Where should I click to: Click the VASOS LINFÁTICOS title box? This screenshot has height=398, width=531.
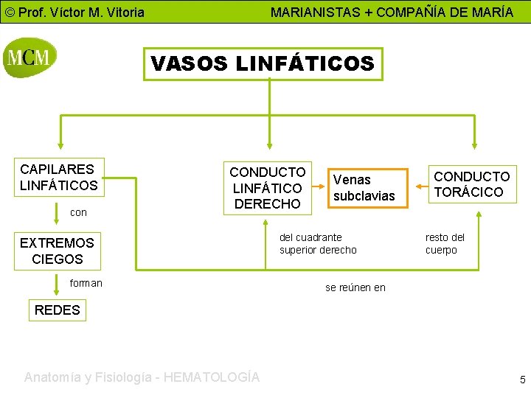pos(263,63)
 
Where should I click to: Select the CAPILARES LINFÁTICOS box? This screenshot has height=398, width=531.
pos(59,178)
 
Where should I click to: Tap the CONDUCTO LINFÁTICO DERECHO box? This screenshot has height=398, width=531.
pos(267,188)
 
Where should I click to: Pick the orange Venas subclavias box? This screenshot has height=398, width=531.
pos(364,188)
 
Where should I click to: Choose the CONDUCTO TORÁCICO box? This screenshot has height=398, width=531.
pos(471,184)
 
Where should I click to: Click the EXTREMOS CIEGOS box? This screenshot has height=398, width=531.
pos(58,251)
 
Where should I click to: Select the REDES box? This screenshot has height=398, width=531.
pos(58,310)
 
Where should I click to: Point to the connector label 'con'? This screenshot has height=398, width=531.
pos(78,212)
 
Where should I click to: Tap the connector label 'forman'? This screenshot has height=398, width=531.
pos(86,283)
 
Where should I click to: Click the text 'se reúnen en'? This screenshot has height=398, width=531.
pos(355,287)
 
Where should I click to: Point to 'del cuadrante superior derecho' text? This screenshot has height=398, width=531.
pos(318,244)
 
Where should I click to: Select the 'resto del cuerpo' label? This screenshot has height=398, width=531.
pos(445,244)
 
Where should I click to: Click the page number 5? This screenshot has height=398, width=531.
pos(522,380)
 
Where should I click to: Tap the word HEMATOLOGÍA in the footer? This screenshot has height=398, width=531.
pos(212,377)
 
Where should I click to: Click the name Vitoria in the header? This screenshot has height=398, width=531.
pos(122,13)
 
